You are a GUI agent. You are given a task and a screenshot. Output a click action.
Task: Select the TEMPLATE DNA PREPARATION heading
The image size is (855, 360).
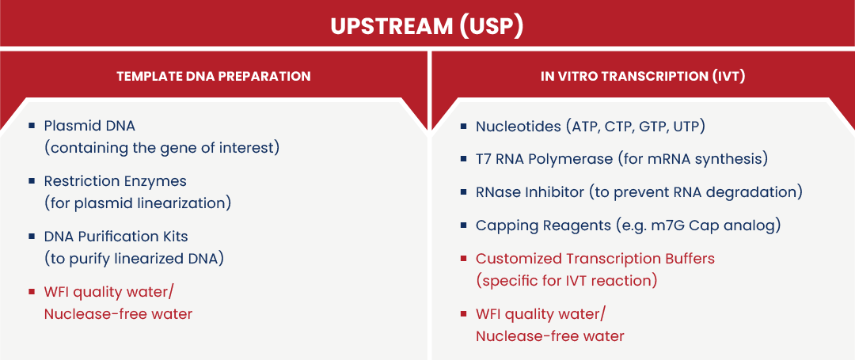[214, 76]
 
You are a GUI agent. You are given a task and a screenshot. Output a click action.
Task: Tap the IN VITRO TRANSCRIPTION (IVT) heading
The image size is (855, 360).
[643, 76]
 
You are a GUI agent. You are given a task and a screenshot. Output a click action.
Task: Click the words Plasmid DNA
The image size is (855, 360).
[89, 126]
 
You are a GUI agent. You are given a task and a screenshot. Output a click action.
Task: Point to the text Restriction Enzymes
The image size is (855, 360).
[115, 180]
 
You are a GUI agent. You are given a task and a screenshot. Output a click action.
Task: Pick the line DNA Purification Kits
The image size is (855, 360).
[116, 237]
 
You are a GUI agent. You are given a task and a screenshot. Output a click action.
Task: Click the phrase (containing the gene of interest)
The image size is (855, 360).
[162, 148]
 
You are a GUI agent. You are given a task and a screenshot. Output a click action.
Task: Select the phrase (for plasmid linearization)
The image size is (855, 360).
[138, 203]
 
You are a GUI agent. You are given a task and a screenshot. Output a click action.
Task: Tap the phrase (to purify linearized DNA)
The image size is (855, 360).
[134, 259]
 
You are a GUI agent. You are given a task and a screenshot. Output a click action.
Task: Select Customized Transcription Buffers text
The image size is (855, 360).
[595, 259]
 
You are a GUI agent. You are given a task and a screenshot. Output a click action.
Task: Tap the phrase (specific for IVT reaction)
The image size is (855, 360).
[567, 281]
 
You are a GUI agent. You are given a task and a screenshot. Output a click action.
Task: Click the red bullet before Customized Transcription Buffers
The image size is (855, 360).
[463, 259]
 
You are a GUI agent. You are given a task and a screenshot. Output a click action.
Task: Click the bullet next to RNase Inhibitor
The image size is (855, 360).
[463, 193]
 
